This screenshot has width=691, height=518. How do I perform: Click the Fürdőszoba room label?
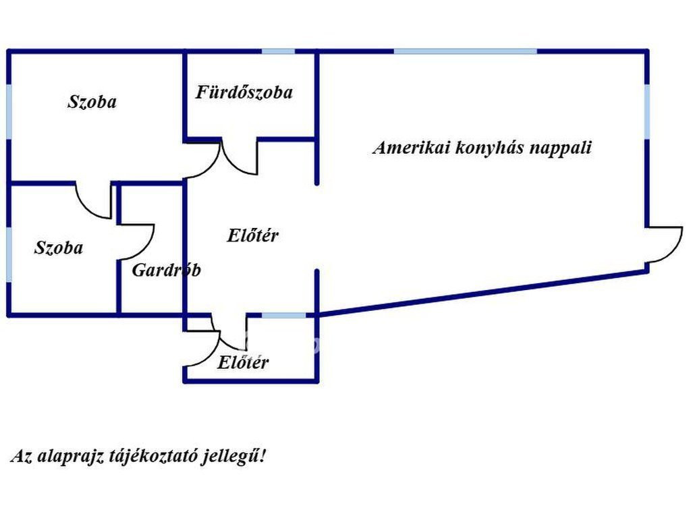click(x=244, y=92)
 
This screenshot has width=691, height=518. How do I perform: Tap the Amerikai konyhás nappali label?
click(x=482, y=148)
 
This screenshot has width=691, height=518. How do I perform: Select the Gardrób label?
click(x=166, y=270)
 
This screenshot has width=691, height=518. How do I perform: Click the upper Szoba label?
click(x=92, y=102)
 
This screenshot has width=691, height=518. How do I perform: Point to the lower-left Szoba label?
click(x=59, y=248)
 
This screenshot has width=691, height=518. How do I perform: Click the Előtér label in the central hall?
click(x=253, y=236)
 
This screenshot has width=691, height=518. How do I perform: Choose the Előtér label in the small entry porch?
click(x=243, y=362)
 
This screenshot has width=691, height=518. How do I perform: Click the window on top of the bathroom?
click(x=278, y=51)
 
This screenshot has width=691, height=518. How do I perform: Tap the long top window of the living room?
click(x=465, y=51)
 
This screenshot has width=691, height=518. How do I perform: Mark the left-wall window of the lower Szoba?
click(x=9, y=254)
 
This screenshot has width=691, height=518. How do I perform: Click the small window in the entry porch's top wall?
click(x=283, y=315)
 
